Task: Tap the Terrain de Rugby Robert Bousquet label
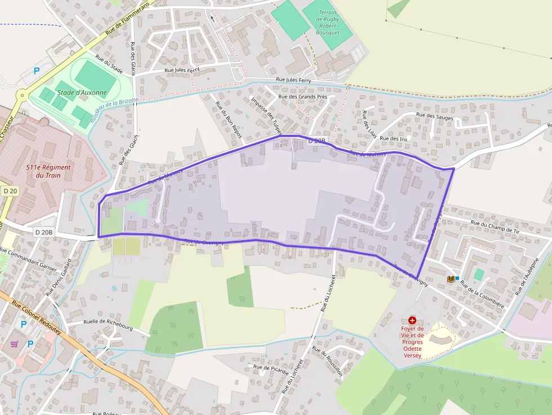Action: [327, 23]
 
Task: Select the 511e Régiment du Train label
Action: [48, 171]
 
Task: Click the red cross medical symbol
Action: [412, 320]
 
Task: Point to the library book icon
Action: [451, 279]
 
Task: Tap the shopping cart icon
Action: [14, 343]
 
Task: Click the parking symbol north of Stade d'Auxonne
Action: [37, 71]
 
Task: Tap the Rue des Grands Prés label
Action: [303, 96]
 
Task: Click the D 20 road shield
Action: [10, 191]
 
